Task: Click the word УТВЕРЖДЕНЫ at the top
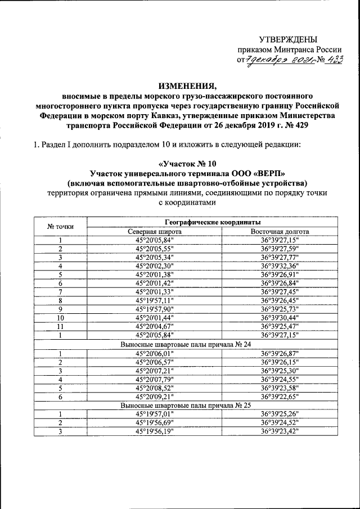click(x=287, y=39)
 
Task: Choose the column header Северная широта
click(x=155, y=231)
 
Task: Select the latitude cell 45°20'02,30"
click(x=155, y=266)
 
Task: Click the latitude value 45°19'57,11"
click(x=155, y=300)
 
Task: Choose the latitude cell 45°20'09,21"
click(x=155, y=396)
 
